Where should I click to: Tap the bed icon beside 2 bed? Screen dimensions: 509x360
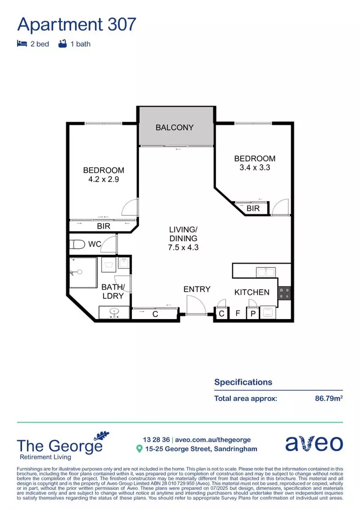pos(22,44)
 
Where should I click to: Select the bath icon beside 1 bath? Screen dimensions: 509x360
pos(63,44)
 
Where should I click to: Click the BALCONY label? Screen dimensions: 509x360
pos(175,128)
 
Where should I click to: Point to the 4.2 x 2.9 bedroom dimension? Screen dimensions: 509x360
pos(104,180)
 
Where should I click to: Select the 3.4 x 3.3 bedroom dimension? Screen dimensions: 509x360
pos(254,167)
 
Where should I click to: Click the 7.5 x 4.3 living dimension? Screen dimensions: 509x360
pos(183,247)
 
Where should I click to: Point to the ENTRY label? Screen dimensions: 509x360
pos(197,289)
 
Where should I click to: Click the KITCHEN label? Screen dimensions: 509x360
pos(252,292)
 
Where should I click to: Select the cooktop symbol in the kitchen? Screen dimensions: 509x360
pos(285,294)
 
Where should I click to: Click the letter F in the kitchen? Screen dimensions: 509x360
pos(237,313)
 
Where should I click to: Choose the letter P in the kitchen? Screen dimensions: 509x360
pos(253,313)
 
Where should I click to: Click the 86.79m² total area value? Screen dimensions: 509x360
pos(328,398)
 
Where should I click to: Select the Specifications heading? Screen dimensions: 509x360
pos(243,382)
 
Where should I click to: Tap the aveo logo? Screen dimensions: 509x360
pos(314,443)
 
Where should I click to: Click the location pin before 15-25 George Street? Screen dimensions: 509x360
pos(139,449)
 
